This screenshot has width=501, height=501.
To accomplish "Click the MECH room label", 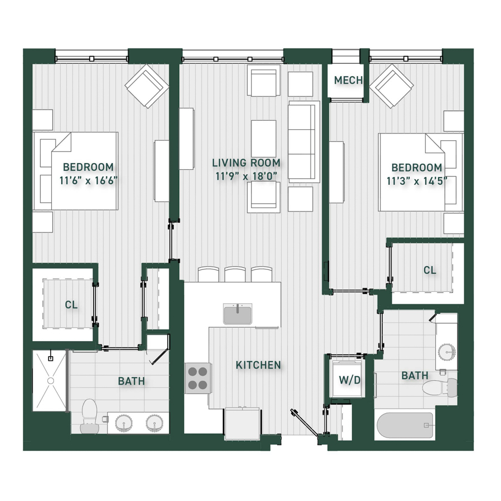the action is (x=348, y=80).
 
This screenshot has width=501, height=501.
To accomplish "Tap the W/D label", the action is (x=350, y=380).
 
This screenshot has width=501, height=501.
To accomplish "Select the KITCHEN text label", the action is (x=258, y=365).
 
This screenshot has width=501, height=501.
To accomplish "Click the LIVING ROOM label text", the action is (x=247, y=163).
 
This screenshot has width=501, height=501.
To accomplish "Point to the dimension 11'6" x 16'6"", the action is (x=89, y=180).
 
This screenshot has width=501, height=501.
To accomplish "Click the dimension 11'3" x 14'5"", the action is (x=416, y=181).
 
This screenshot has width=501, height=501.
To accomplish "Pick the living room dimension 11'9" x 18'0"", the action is (x=246, y=176).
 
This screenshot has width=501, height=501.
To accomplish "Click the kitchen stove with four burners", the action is (x=198, y=379).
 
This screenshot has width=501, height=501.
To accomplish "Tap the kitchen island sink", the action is (x=238, y=314).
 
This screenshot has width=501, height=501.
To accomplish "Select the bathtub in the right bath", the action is (x=405, y=425).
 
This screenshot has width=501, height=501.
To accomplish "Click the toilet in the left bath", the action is (x=89, y=416).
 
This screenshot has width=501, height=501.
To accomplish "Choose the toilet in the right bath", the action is (x=440, y=387).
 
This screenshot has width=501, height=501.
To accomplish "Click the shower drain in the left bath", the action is (x=51, y=381).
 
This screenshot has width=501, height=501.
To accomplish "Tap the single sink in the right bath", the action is (x=446, y=351).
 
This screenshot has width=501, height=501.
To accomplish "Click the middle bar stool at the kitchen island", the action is (x=235, y=274).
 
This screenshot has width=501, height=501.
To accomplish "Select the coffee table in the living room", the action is (x=264, y=139).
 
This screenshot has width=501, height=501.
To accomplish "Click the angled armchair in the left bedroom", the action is (x=146, y=86).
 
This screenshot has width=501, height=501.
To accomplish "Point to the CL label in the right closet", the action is (x=430, y=271).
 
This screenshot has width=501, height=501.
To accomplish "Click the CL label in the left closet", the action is (x=71, y=304).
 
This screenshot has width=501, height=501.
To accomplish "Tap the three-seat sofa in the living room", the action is (x=304, y=142).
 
